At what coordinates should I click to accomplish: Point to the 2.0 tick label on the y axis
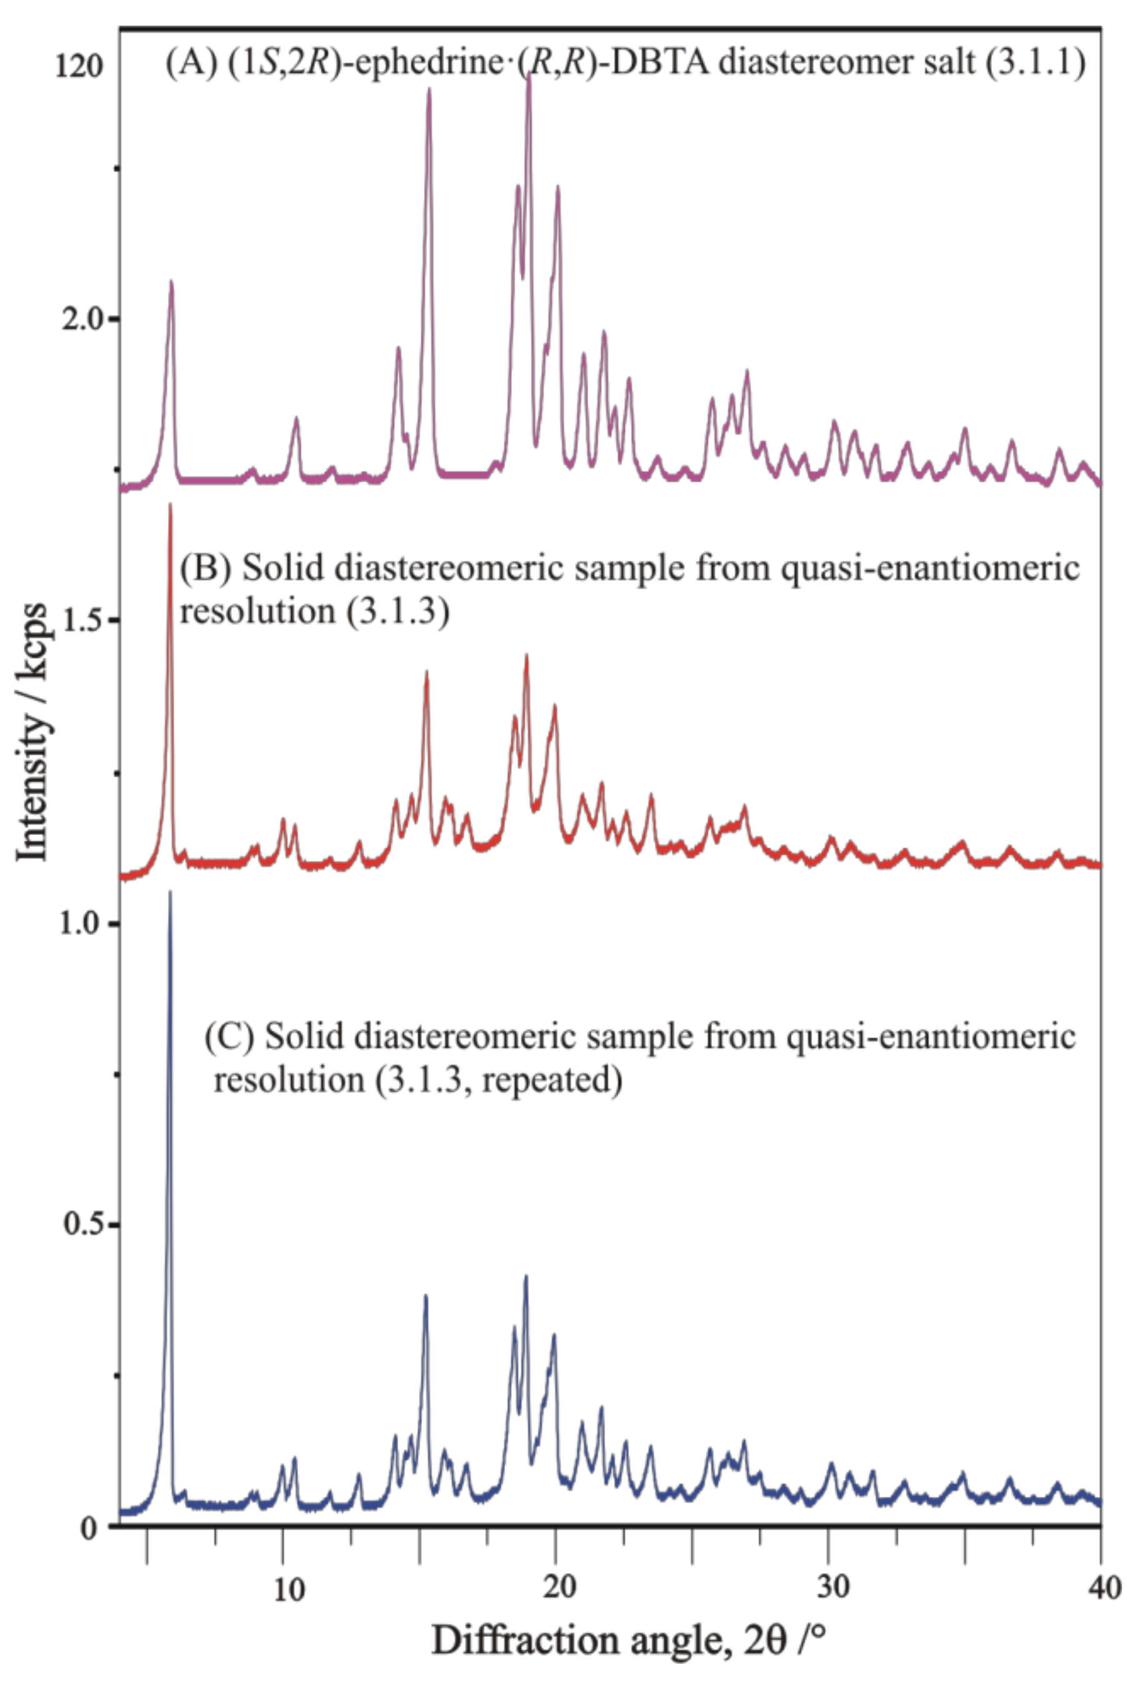coord(81,319)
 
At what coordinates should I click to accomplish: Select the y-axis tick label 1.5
coord(81,621)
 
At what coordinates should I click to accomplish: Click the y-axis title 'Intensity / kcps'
coord(32,732)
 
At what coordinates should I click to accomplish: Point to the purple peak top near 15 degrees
coord(429,89)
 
